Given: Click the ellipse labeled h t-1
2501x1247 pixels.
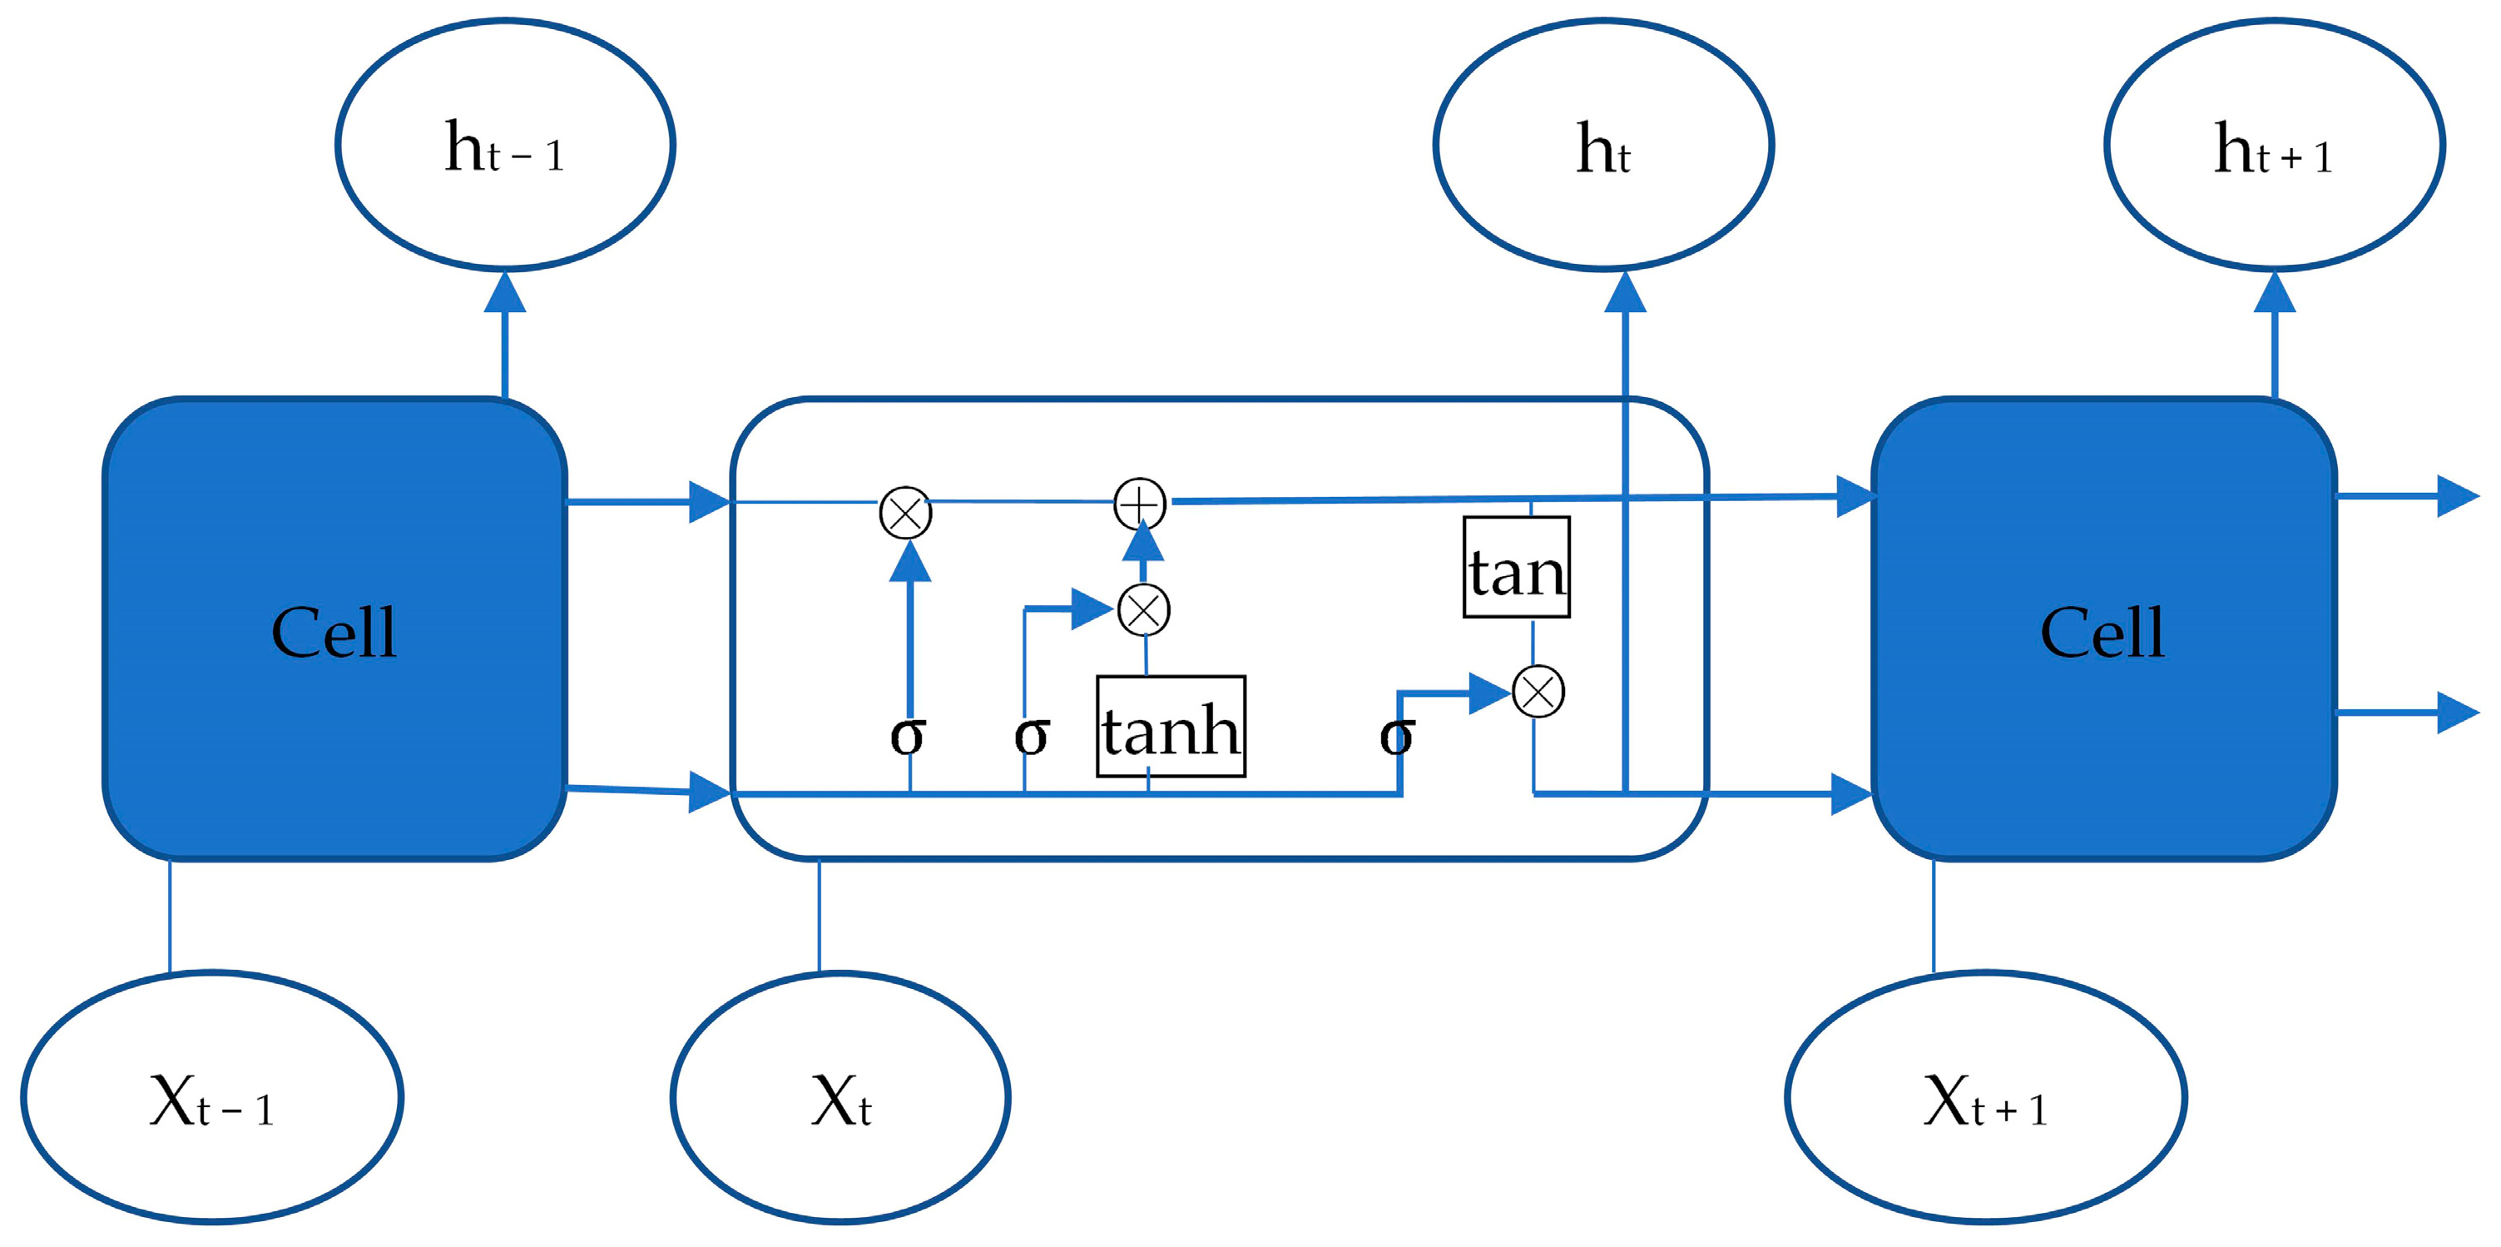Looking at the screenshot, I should tap(505, 146).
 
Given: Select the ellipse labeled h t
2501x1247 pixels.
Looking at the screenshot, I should tap(1603, 146).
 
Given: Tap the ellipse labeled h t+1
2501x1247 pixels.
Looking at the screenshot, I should tap(2274, 146).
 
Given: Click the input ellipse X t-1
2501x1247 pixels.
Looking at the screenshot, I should tap(211, 1097).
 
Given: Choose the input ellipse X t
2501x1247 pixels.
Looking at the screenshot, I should tap(839, 1097).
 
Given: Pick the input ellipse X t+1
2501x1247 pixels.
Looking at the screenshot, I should tap(1985, 1097).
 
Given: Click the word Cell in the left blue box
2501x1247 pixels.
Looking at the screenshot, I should tap(334, 633).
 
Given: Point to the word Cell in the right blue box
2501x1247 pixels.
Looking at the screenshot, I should tap(2102, 633).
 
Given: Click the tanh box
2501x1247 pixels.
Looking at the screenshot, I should tap(1171, 727).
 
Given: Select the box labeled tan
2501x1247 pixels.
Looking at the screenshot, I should tap(1517, 567).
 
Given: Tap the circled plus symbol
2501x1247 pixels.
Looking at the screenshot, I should tap(1139, 504).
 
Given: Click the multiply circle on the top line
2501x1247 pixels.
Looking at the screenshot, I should tap(905, 513).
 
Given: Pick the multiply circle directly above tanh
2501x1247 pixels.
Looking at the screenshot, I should tap(1144, 611).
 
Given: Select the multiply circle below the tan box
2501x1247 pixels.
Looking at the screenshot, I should tap(1538, 693).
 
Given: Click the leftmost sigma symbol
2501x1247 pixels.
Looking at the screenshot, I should tap(908, 735).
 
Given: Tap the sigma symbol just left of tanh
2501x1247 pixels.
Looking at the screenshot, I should tap(1031, 735).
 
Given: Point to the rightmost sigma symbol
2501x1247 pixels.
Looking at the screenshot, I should tap(1396, 735).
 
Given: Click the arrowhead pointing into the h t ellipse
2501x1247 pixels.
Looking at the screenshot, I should tap(1625, 293).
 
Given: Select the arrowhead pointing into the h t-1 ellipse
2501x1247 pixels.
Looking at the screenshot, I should tap(505, 293).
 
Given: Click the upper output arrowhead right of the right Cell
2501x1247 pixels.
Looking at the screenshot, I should tap(2459, 496).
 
